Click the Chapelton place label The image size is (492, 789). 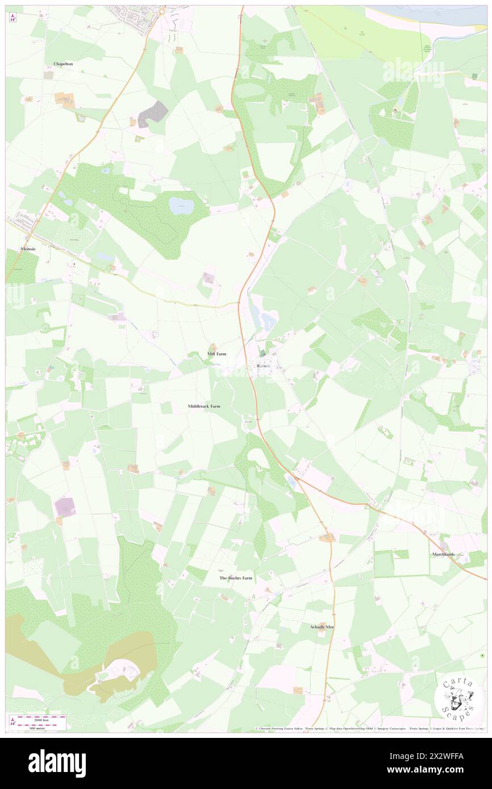63,64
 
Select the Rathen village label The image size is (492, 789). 262,366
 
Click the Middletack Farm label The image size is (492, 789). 204,406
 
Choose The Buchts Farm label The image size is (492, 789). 236,578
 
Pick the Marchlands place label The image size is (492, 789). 443,554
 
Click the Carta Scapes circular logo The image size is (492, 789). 459,700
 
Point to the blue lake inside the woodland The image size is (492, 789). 181,205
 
